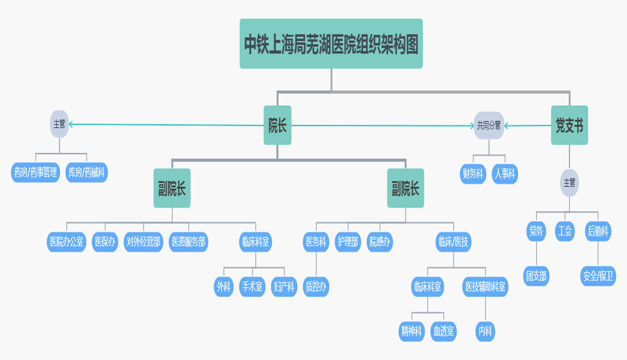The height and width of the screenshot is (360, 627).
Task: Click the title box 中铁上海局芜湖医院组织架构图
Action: tap(331, 44)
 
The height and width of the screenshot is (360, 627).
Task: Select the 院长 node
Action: tap(277, 125)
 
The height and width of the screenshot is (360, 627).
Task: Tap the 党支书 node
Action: tap(569, 125)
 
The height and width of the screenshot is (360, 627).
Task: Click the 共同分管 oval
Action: tap(488, 125)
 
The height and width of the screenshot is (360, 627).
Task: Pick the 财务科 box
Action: tap(473, 174)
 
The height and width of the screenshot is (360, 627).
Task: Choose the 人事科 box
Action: tap(505, 174)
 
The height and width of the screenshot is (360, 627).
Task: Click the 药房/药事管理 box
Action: tap(36, 172)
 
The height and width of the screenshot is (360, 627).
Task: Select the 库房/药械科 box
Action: tap(86, 172)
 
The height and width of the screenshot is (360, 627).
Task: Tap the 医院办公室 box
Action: tap(66, 242)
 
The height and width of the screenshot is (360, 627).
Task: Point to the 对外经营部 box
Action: tap(143, 242)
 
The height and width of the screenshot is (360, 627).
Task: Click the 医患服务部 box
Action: tap(188, 242)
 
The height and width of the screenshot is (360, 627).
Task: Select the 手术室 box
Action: tap(252, 286)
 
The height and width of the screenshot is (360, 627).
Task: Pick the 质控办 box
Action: tap(316, 286)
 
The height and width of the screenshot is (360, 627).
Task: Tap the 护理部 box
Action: tap(348, 242)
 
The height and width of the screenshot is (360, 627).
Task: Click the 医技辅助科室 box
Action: tap(485, 286)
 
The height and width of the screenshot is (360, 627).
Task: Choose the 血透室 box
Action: tap(443, 331)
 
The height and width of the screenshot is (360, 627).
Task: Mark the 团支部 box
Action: tap(536, 276)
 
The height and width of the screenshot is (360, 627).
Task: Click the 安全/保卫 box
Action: tap(598, 276)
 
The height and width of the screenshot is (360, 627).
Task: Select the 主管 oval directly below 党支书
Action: tap(569, 183)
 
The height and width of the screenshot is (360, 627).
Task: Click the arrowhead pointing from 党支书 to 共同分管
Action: tap(506, 126)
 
